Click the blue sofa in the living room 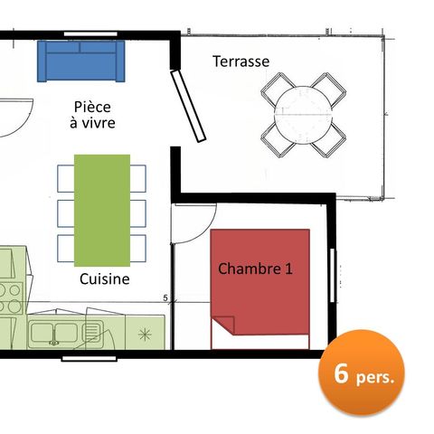(80, 60)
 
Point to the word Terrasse (241, 61)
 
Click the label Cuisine (104, 279)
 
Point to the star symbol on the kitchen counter (144, 334)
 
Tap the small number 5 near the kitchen (165, 297)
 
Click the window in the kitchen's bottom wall (89, 358)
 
